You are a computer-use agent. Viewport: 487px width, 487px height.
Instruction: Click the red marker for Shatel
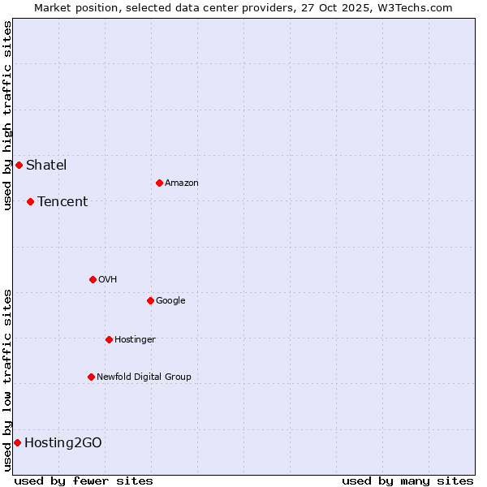coord(19,166)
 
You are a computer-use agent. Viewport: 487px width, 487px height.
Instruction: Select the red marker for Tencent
coord(30,201)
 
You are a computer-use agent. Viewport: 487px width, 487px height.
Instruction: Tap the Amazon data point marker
coord(159,183)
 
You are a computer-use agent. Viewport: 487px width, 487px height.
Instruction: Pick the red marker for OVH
coord(93,279)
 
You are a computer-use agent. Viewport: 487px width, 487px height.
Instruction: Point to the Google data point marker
coord(150,300)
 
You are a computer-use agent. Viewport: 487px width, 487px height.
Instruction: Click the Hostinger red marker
coord(109,339)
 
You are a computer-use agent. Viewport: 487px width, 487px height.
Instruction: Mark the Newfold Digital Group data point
coord(91,377)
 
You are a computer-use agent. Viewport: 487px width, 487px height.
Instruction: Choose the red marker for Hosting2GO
coord(17,442)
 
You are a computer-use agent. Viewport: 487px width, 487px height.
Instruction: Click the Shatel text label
coord(46,166)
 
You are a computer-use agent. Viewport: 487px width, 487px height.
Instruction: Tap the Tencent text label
coord(62,201)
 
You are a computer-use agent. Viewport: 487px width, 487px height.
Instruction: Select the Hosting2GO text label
coord(63,442)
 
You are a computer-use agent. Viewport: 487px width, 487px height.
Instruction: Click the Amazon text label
coord(182,183)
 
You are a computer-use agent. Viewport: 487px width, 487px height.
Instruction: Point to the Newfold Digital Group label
coord(144,377)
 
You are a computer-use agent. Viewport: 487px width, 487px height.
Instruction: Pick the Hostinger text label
coord(135,339)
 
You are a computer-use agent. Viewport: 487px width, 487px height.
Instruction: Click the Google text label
coord(170,300)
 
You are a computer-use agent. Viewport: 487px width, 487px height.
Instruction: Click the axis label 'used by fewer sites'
coord(84,481)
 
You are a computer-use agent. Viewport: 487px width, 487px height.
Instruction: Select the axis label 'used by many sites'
coord(407,481)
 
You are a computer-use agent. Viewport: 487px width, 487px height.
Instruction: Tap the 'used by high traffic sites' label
coord(7,116)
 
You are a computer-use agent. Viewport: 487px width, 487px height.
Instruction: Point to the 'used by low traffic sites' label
coord(7,380)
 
